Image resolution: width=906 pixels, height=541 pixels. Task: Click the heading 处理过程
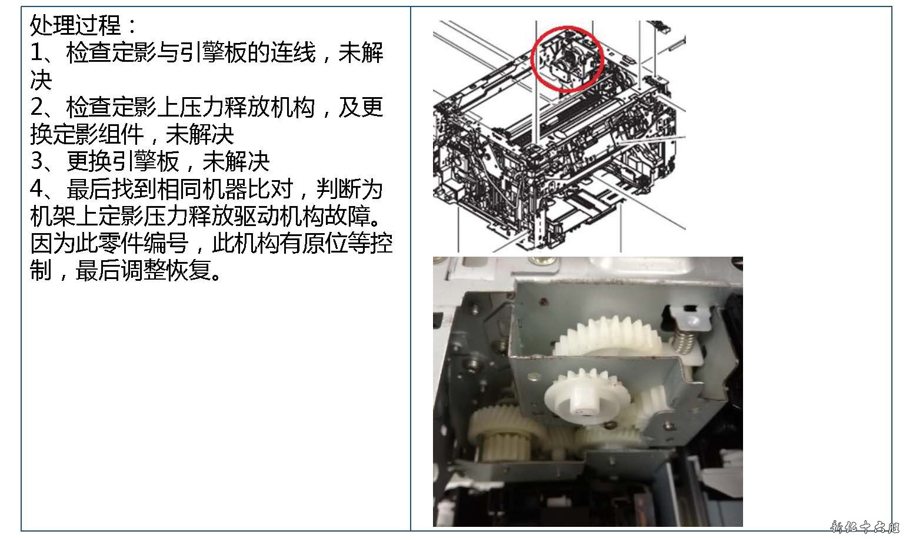(x=76, y=25)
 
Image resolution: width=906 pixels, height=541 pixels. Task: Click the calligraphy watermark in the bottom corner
(x=864, y=527)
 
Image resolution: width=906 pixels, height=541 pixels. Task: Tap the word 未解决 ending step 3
(x=236, y=161)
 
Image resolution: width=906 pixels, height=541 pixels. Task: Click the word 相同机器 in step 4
(x=202, y=188)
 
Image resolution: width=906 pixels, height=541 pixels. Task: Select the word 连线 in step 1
(x=292, y=52)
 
